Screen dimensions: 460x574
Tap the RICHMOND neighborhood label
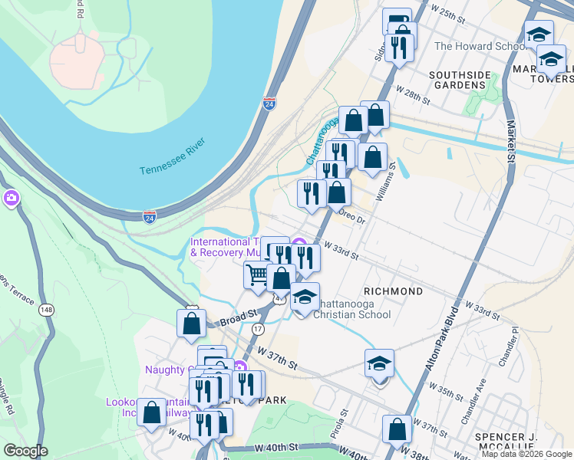[x=393, y=291]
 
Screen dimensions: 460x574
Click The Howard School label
[x=480, y=46]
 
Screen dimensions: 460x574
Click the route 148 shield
[x=48, y=309]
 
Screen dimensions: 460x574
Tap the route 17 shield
[x=258, y=328]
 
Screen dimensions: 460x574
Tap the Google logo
[x=25, y=451]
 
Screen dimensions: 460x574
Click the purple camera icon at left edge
[x=11, y=199]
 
